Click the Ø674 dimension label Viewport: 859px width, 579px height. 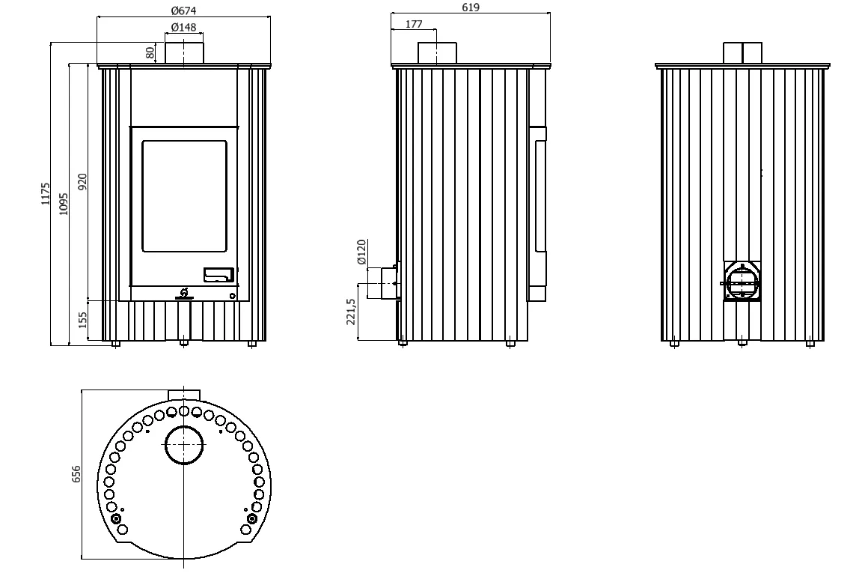pos(183,10)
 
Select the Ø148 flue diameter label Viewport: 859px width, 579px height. pos(183,27)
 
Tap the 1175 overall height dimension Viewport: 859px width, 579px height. pos(46,194)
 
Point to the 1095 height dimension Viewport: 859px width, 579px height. pos(64,204)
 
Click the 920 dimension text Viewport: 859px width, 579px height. pos(82,181)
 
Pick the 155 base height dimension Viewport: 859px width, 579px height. pos(83,320)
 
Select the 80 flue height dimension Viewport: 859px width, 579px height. pos(150,53)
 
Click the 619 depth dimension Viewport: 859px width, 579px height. pos(471,7)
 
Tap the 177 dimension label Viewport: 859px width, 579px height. pos(415,24)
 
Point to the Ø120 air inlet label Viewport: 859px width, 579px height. pos(361,252)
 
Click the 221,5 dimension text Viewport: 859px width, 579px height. pos(351,312)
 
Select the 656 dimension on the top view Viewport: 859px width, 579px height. pos(76,474)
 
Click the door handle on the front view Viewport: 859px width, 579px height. pos(219,275)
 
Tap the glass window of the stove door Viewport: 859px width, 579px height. pos(185,196)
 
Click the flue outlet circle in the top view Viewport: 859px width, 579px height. pos(184,445)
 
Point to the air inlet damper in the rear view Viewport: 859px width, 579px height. pos(742,282)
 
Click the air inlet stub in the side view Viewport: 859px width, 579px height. pos(390,283)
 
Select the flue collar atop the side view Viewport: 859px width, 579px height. pos(437,53)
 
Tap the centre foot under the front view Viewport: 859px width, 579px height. pos(183,343)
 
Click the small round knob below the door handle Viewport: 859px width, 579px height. pos(232,296)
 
